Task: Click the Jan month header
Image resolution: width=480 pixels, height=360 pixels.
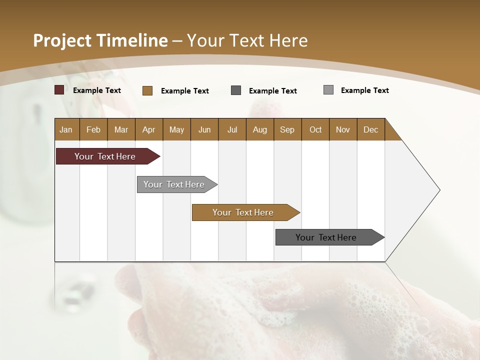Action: tap(66, 129)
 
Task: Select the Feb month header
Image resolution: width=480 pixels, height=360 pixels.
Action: tap(93, 129)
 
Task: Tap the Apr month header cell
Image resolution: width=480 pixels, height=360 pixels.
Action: tap(149, 129)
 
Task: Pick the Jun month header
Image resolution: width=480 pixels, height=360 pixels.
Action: tap(204, 129)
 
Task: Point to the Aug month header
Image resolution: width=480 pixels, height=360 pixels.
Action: tap(260, 129)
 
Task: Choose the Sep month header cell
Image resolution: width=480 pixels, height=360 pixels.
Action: tap(287, 129)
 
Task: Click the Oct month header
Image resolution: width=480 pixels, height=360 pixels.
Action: tap(315, 129)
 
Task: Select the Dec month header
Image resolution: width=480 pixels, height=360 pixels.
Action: tap(371, 129)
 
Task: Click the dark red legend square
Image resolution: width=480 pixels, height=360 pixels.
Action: tap(59, 90)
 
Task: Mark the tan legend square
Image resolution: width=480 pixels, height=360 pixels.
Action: tap(147, 90)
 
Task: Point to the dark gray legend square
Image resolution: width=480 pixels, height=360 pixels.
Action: tap(236, 90)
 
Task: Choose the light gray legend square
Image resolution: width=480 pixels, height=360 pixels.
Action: tap(328, 90)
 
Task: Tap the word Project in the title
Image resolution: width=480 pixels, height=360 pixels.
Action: tap(62, 40)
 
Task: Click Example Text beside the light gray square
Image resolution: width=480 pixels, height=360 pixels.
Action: tap(364, 90)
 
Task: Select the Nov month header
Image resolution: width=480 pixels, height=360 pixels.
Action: tap(343, 129)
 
